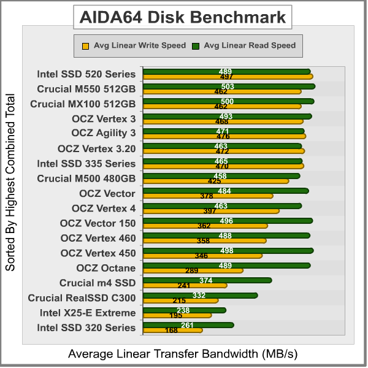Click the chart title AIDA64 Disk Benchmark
182,17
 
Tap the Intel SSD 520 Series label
86,74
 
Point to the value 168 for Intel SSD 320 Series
171,331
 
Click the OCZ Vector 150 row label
98,223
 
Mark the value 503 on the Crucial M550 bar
228,86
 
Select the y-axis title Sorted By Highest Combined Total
10,182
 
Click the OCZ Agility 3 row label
104,133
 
